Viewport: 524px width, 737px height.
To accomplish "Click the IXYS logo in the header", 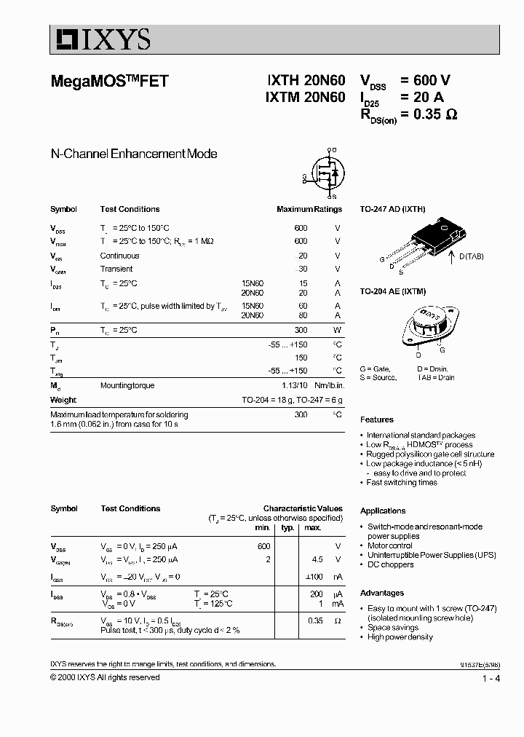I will (x=100, y=39).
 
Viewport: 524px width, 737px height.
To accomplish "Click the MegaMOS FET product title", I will (x=109, y=82).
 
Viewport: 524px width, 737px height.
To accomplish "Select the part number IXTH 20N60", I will (x=305, y=82).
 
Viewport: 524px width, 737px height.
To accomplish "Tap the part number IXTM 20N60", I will (x=305, y=97).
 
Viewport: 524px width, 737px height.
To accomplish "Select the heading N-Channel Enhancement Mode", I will (x=133, y=154).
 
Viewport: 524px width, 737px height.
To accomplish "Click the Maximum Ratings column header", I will (x=309, y=209).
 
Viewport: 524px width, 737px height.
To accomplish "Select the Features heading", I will (x=376, y=419).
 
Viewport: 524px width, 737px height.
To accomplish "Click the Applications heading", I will (x=383, y=511).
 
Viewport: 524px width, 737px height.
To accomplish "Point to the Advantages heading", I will (x=381, y=593).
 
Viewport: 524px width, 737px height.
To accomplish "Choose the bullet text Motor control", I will (x=389, y=545).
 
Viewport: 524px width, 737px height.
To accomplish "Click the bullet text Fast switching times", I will (x=402, y=482).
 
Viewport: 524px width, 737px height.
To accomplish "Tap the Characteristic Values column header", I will (x=302, y=508).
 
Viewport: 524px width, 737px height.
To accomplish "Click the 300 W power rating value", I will (x=301, y=330).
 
